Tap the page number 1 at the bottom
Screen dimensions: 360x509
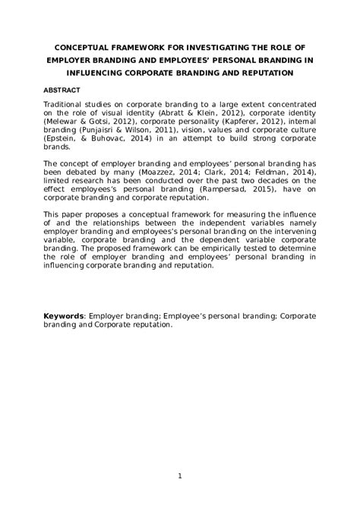(x=179, y=476)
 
